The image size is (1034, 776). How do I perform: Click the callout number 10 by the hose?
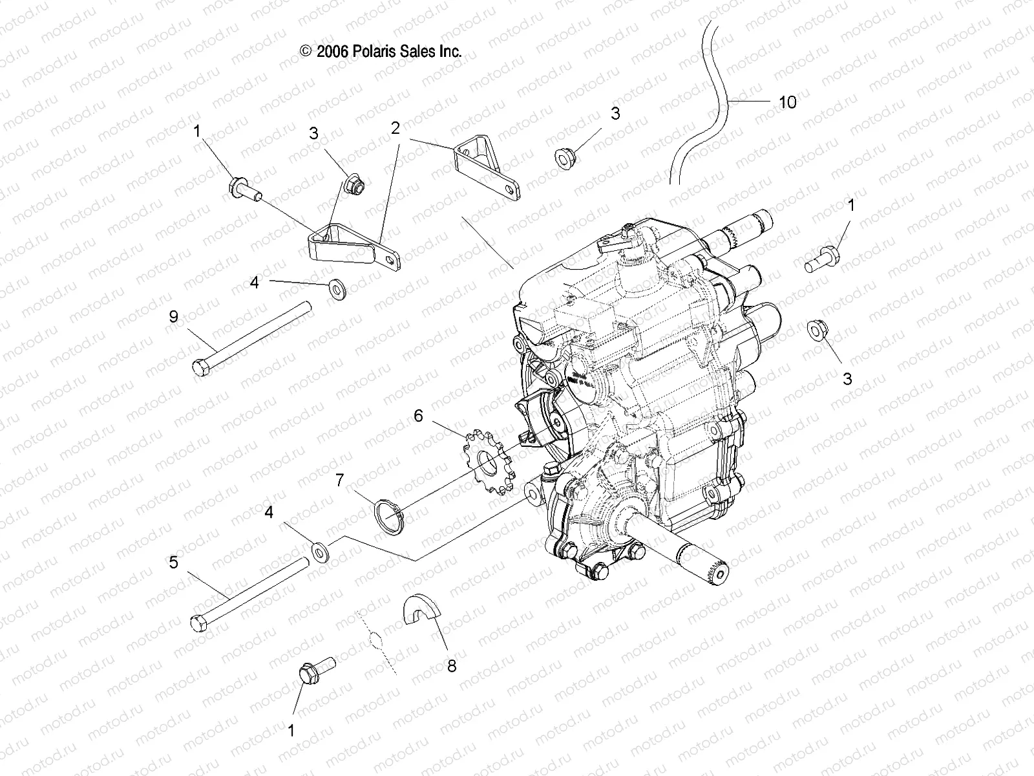(787, 102)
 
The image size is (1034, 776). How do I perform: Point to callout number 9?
(173, 317)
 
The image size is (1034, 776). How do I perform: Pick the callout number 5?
(173, 563)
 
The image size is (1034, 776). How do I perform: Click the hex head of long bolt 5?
(198, 623)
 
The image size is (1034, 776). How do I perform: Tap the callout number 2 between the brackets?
(396, 128)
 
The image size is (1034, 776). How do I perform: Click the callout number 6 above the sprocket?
(418, 416)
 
